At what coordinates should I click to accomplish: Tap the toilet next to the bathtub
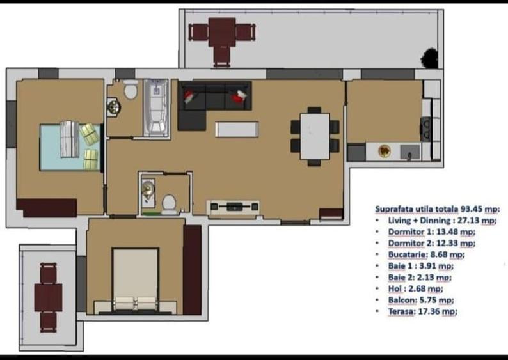click(131, 91)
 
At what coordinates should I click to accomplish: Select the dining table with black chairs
click(315, 136)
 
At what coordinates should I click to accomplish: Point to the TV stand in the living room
click(233, 207)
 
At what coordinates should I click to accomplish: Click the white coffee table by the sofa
click(237, 129)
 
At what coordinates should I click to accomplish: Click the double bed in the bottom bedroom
click(135, 280)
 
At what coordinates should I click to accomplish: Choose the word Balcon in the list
click(403, 300)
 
